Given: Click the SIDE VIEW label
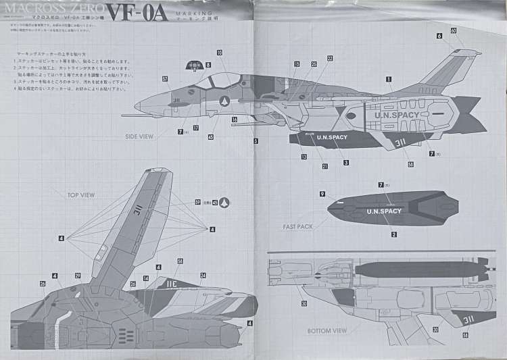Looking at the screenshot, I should (139, 136).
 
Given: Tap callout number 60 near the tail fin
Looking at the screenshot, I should (453, 30).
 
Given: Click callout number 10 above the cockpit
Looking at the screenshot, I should (220, 52).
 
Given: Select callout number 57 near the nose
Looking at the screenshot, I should (165, 79).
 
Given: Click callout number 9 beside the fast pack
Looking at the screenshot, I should (323, 193).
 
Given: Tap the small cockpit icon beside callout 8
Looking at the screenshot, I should (193, 66).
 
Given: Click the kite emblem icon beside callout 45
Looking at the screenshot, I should (226, 202).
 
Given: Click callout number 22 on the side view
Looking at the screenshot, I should (330, 59).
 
